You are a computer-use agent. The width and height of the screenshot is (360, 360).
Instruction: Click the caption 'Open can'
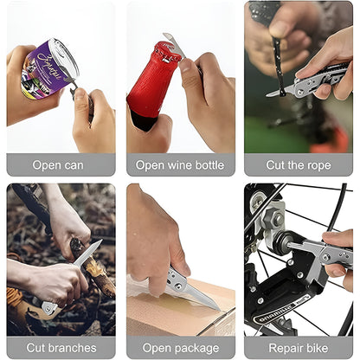(58, 165)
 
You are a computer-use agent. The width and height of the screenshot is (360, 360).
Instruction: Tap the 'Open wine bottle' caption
(179, 165)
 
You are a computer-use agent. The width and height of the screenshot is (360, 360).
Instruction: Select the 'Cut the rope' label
(298, 165)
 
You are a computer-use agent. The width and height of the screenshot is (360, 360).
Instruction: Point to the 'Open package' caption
(179, 348)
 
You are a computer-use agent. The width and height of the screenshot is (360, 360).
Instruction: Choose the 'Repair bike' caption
(298, 348)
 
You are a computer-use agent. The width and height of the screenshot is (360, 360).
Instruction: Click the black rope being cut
(278, 61)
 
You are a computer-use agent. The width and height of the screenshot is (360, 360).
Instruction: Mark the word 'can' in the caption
(74, 165)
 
